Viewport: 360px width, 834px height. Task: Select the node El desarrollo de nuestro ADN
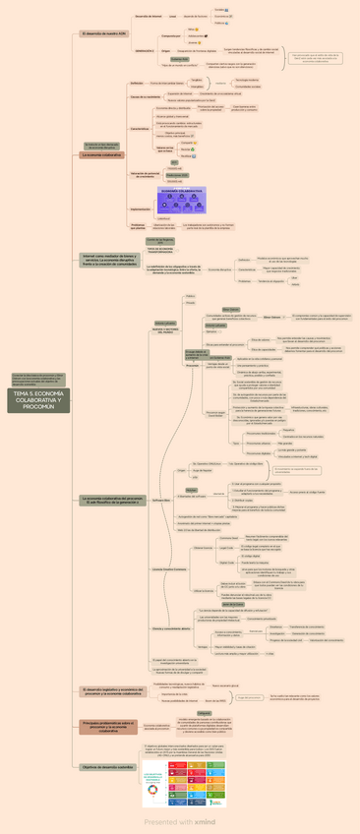point(103,33)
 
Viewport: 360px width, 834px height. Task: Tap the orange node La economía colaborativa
point(101,154)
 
